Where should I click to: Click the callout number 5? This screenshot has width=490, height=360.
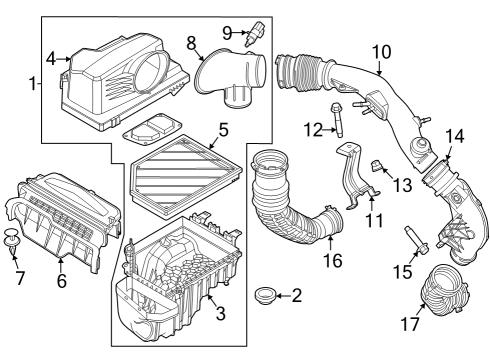tap(224, 130)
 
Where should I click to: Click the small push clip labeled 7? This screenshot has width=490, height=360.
tap(13, 240)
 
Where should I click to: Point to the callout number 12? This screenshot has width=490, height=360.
tap(311, 128)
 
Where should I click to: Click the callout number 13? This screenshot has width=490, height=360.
tap(402, 184)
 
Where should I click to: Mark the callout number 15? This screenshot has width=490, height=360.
tap(400, 271)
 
